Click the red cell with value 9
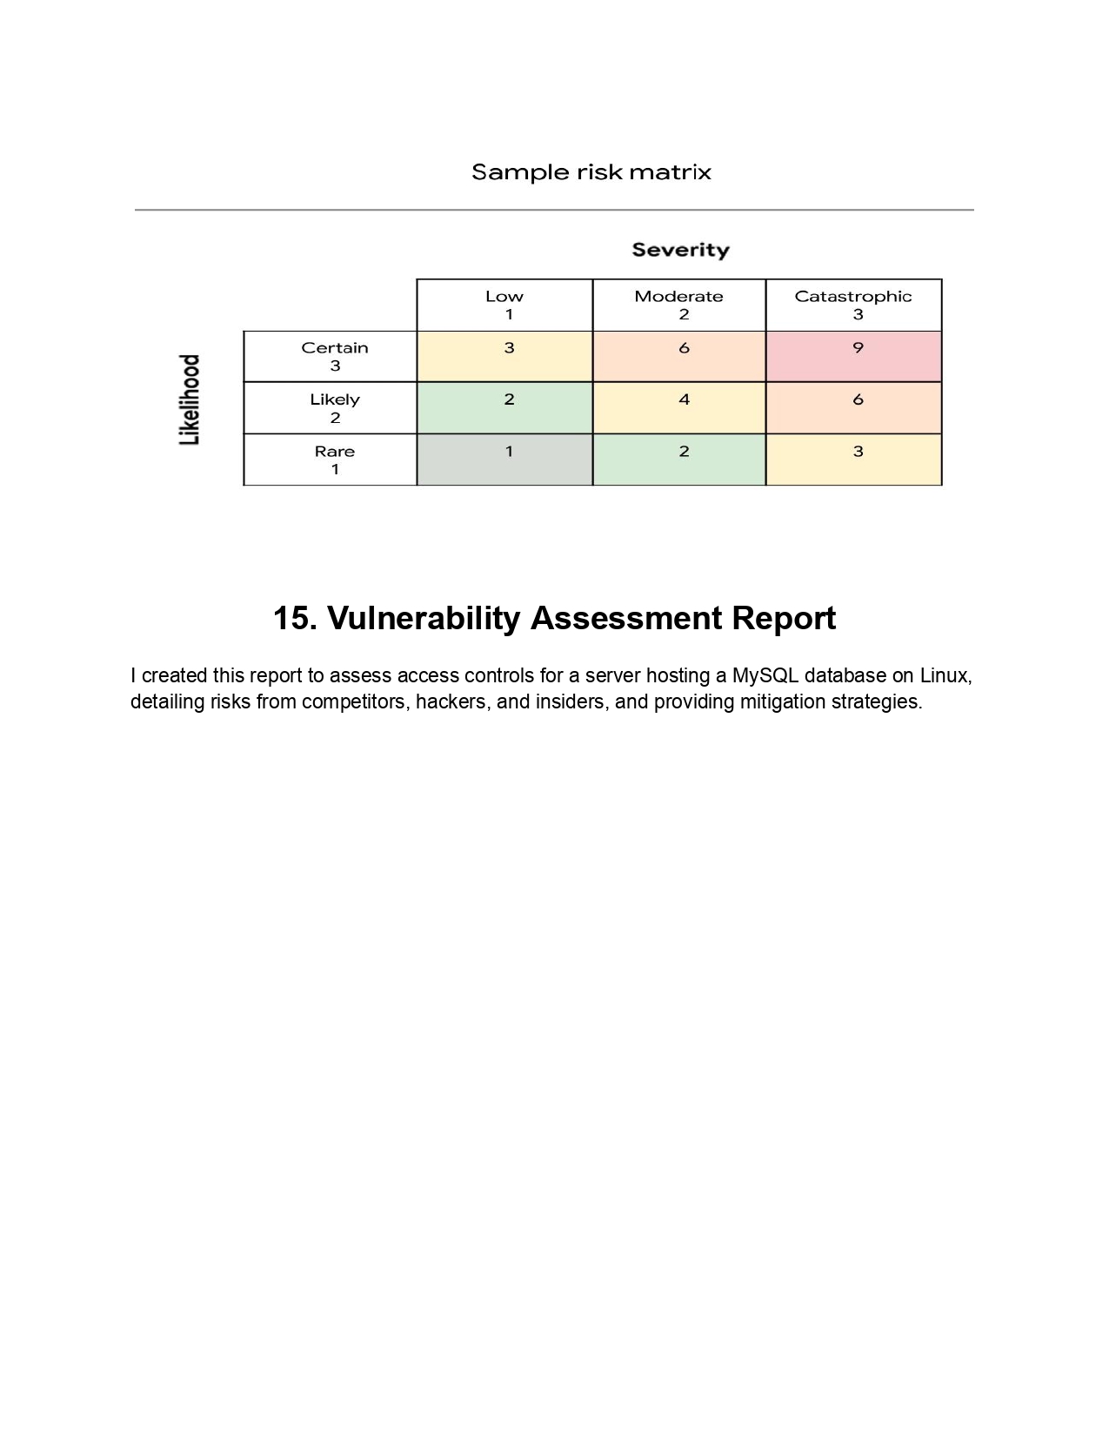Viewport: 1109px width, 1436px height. tap(853, 356)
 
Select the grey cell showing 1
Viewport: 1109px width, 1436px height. tap(504, 460)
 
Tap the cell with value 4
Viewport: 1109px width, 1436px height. tap(678, 407)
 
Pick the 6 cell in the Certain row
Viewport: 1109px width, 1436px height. tap(678, 356)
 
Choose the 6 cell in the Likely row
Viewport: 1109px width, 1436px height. tap(853, 407)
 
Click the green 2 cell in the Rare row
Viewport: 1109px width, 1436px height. tap(678, 460)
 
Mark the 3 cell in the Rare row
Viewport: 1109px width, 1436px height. tap(853, 460)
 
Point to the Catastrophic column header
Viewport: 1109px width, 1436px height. tap(853, 305)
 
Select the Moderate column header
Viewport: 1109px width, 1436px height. tap(678, 305)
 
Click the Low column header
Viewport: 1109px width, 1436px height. tap(504, 305)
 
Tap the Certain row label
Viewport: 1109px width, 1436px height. tap(334, 356)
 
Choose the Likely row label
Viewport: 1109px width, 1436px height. tap(334, 407)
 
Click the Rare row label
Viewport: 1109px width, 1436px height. tap(334, 460)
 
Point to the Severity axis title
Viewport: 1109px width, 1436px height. tap(680, 251)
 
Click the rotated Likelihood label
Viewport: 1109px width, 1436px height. tap(190, 399)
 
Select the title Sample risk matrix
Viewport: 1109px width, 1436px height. tap(591, 172)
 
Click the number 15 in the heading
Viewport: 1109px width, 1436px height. tap(292, 619)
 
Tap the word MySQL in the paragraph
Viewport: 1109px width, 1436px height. tap(765, 675)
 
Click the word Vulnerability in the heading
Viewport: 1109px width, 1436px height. tap(424, 619)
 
